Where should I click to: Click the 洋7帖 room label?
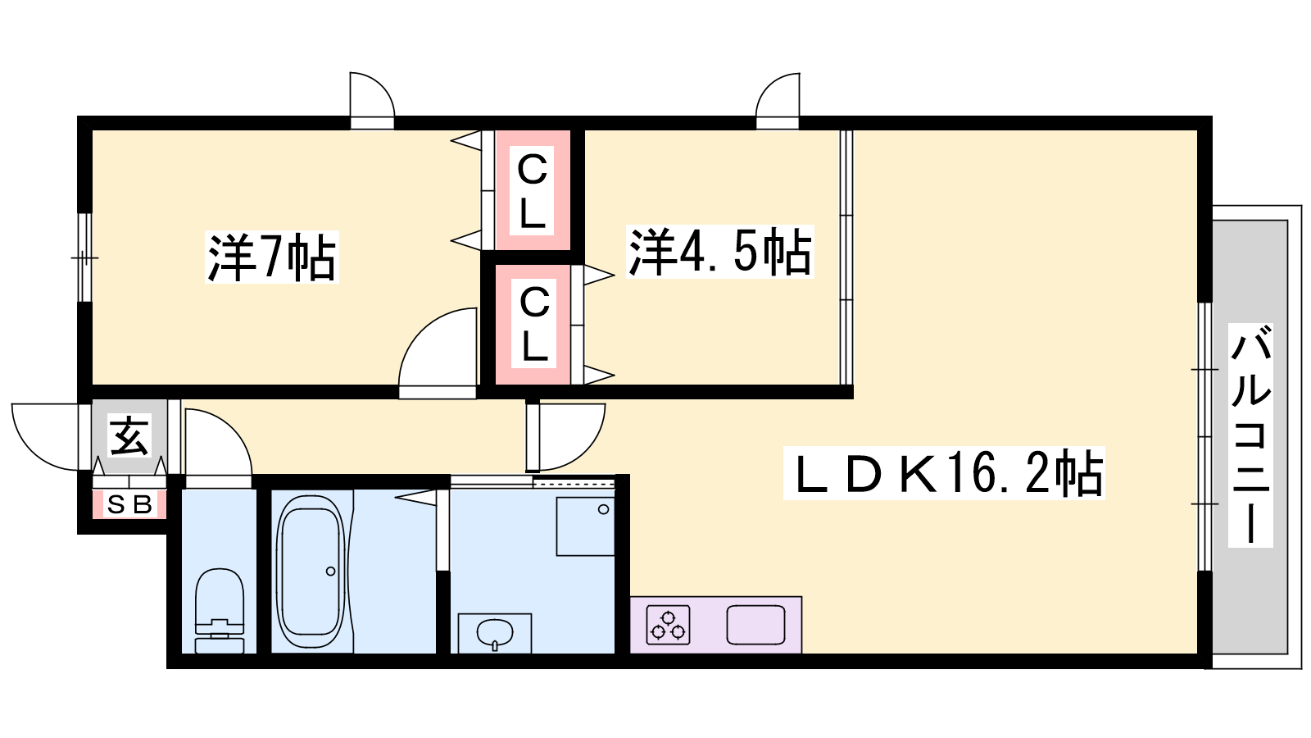tap(272, 257)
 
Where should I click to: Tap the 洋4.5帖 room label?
tap(720, 251)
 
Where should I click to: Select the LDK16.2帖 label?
tap(943, 472)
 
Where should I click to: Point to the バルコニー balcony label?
tap(1250, 435)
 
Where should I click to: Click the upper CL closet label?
tap(532, 190)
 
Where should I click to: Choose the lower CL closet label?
tap(533, 323)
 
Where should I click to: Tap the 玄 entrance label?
tap(129, 435)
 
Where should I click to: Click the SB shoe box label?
tap(130, 504)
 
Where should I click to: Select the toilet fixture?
tap(219, 610)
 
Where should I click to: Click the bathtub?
tap(311, 571)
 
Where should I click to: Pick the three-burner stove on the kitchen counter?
tap(668, 625)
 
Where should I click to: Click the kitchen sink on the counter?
tap(755, 625)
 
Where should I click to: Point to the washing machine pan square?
tap(585, 526)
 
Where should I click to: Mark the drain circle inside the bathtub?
tap(331, 571)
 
